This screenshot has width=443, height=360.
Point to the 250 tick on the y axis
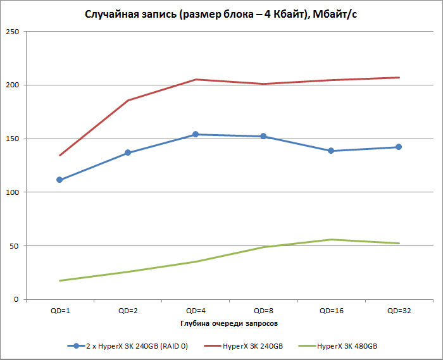point(13,32)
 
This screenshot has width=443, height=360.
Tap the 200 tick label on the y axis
point(13,85)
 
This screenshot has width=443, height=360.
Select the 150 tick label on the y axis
point(13,139)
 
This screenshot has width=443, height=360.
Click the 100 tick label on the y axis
point(13,192)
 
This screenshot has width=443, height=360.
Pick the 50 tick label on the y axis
point(15,245)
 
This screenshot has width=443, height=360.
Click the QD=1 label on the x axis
point(59,311)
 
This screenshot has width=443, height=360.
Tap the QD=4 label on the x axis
point(195,311)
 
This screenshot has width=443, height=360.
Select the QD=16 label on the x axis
point(331,311)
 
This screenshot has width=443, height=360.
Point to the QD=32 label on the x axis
point(399,311)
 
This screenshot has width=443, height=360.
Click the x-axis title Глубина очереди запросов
point(228,323)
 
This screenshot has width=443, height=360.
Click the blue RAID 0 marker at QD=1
point(59,180)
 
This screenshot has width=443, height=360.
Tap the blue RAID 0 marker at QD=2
point(128,152)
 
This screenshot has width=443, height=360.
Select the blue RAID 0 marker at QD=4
point(196,134)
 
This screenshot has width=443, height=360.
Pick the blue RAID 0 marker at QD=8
point(263,136)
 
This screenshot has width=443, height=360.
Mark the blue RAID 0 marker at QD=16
point(331,151)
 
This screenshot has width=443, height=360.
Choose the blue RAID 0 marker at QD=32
point(399,147)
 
